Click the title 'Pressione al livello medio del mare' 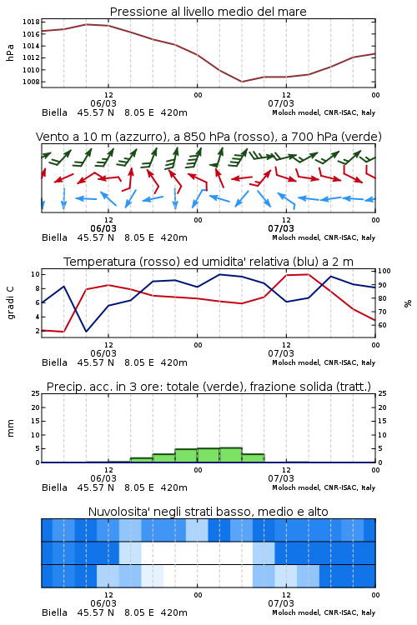208,12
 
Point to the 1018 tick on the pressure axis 31,22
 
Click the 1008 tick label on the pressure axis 31,82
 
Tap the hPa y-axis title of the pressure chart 10,52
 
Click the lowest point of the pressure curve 241,82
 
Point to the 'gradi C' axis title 10,302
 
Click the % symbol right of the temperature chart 408,303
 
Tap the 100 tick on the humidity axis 384,271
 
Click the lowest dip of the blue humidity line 86,331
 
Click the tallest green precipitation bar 231,455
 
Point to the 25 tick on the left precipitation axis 36,393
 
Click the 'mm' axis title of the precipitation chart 10,428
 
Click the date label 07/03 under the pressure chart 281,103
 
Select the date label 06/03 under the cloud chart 103,603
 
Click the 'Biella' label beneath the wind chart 55,237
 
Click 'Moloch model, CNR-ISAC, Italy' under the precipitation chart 324,487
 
